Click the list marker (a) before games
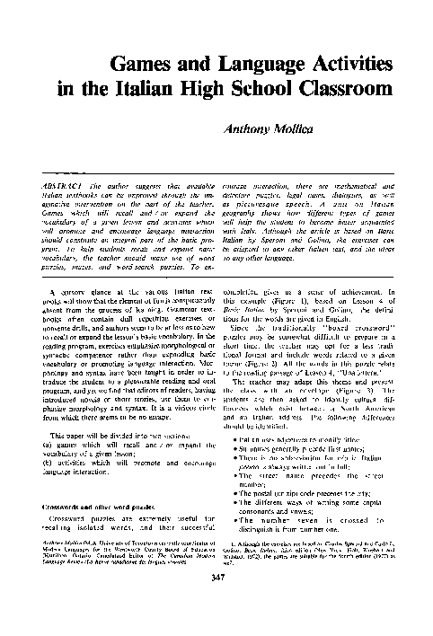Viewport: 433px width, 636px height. [49, 446]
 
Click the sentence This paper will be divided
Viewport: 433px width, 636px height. [98, 436]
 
